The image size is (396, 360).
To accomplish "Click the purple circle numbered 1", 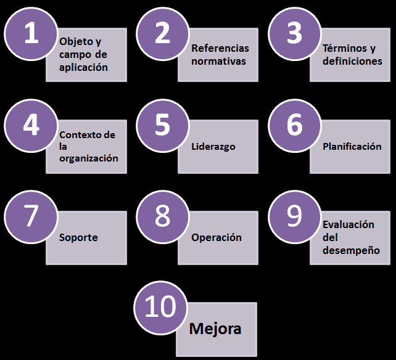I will coord(30,34).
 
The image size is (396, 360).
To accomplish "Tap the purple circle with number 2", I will coord(162,34).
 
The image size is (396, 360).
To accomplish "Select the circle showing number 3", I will coord(294,34).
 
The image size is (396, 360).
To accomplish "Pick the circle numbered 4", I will coord(30,125).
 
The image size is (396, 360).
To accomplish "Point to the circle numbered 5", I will coord(162,125).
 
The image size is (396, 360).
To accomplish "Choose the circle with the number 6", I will coord(294,125).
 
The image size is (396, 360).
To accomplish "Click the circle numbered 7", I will coord(30,216).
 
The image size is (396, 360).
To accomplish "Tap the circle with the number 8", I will coord(162,216).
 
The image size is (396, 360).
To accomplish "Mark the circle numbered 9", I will coord(294,216).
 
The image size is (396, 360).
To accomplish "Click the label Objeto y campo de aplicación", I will coord(83,55).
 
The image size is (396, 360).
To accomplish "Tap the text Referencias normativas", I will coord(220,55).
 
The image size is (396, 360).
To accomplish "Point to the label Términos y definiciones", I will coord(352,55).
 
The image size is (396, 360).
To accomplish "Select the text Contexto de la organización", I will coord(88,146).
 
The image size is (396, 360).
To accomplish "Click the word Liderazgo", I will coord(213,147).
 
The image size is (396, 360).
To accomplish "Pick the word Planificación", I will coord(352,147).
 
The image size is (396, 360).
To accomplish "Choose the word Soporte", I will coord(78,237).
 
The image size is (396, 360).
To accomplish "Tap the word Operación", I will coord(216,237).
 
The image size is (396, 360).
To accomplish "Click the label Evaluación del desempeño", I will coord(350,237).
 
